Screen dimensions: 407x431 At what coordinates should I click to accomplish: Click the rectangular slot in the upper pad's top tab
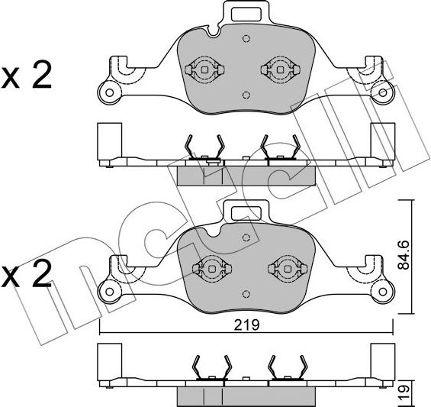(x=247, y=13)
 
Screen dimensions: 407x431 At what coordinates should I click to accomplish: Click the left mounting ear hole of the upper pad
(x=110, y=95)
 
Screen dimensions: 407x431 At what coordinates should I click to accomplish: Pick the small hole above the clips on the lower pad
(x=245, y=237)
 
